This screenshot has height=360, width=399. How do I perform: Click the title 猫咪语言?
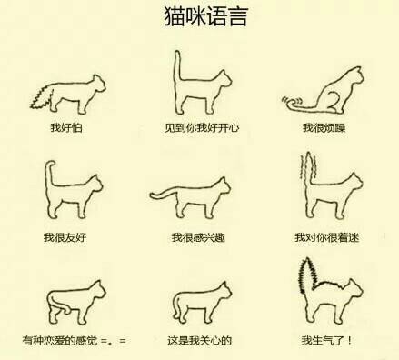point(206,16)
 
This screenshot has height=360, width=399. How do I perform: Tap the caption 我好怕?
point(66,127)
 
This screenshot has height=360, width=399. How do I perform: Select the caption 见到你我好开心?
point(202,127)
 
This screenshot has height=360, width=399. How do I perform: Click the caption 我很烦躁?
point(324,127)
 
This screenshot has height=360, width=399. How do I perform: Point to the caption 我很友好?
point(65,237)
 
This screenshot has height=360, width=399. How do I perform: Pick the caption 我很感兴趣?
point(198,237)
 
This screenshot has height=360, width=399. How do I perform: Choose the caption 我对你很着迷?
point(327,237)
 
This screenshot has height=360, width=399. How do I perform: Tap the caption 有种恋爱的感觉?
point(60,341)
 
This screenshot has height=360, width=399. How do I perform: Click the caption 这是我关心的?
point(200,341)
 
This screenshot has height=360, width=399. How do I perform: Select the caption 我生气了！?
point(326,341)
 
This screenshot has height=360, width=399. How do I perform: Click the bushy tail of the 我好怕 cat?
point(43,97)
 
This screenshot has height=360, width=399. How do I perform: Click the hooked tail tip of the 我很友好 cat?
point(51,164)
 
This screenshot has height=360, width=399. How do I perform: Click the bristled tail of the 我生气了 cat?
point(307,275)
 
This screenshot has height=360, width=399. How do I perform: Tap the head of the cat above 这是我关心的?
point(224,292)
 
